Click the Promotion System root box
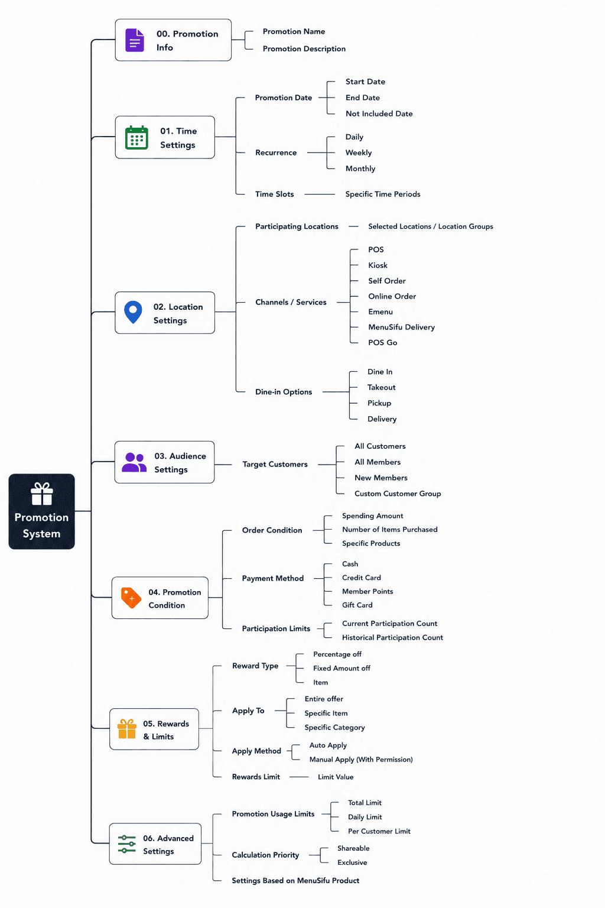(42, 511)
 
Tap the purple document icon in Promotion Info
(135, 40)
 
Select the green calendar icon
(136, 137)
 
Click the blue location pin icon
(133, 312)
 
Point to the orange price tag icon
(131, 598)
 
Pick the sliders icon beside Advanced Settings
(127, 844)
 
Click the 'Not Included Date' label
(379, 113)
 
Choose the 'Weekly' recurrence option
(358, 153)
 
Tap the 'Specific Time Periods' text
(382, 194)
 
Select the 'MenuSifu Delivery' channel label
(401, 327)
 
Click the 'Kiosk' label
(378, 265)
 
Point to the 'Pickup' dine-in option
(379, 403)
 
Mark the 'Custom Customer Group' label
(398, 494)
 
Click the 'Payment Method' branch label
(273, 578)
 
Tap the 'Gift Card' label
(357, 605)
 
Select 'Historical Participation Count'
(392, 637)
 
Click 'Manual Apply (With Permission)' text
(361, 759)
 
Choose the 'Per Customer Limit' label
(379, 831)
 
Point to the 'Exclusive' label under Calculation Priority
(352, 862)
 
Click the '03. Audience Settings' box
(164, 462)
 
